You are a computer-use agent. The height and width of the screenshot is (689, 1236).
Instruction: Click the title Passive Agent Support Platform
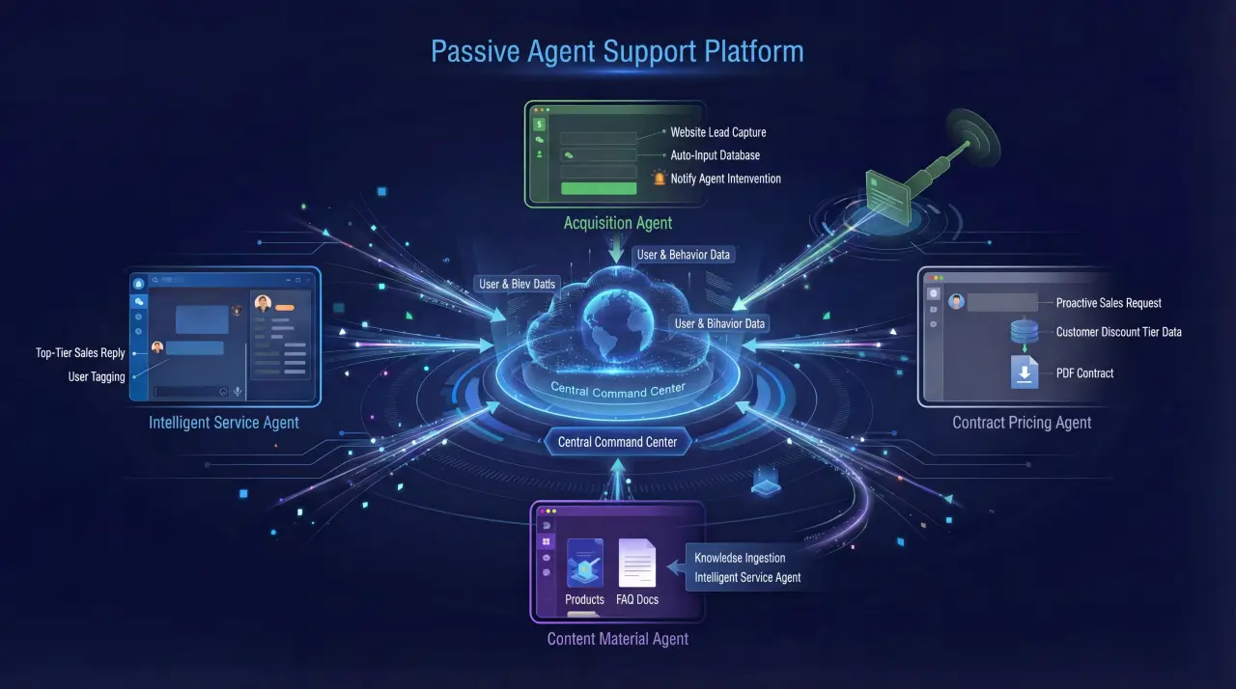617,51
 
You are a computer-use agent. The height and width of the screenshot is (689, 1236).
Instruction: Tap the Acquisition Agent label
618,223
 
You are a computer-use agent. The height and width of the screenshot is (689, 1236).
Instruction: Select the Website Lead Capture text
717,132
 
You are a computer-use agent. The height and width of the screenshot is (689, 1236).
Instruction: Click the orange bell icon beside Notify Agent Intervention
660,179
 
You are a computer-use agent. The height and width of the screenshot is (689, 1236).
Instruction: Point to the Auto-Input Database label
715,155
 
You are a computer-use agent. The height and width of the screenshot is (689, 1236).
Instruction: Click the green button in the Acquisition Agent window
599,188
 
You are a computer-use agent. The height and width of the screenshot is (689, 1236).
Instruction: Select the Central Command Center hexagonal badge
618,442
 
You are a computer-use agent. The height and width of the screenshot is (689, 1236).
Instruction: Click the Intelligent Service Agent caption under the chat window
224,422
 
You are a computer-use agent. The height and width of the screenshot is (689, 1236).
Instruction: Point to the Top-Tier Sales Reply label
81,353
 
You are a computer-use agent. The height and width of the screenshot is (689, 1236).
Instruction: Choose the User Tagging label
97,376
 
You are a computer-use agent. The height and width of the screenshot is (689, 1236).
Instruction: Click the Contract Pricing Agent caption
1022,422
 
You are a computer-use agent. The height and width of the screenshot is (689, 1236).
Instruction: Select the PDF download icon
1025,372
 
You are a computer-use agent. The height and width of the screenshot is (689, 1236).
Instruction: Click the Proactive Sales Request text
1109,303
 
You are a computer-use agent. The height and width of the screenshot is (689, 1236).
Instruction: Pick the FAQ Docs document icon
637,563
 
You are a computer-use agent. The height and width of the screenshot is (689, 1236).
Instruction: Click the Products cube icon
585,564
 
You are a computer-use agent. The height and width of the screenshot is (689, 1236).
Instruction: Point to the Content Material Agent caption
618,639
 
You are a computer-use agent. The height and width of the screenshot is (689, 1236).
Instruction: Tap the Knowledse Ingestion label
740,558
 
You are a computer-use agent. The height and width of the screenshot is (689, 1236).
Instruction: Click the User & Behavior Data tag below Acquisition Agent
684,255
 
